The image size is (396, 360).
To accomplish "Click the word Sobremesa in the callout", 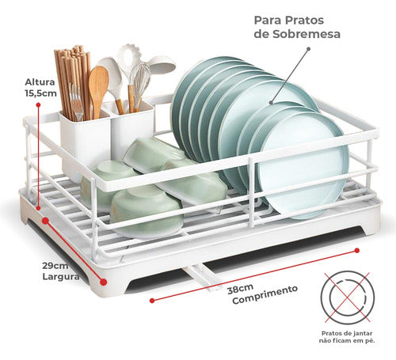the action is coord(307,34).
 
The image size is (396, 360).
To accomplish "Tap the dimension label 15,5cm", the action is coord(41,93).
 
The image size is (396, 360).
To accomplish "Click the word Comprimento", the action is coord(265,294).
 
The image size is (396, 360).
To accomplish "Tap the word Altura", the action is coord(40,82).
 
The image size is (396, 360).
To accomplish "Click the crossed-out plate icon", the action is coord(348,297).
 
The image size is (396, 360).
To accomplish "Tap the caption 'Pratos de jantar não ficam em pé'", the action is coord(347,337).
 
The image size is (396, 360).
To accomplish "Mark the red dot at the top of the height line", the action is coord(38,104).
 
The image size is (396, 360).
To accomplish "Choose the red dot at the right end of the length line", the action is coord(357,250).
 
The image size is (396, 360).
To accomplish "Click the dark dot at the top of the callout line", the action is coord(308,49).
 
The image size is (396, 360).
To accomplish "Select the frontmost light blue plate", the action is coord(303,165).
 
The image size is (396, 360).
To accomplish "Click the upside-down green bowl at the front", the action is coord(147,211).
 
